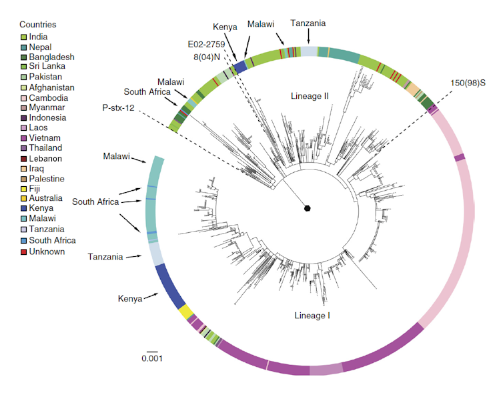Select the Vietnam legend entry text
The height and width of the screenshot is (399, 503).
click(x=46, y=138)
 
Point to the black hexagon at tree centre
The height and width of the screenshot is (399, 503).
click(x=308, y=208)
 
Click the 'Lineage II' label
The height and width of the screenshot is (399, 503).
click(x=310, y=96)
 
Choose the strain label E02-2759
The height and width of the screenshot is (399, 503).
click(x=207, y=44)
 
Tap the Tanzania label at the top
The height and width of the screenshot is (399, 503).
click(x=308, y=23)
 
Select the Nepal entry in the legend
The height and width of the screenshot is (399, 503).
click(x=42, y=47)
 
